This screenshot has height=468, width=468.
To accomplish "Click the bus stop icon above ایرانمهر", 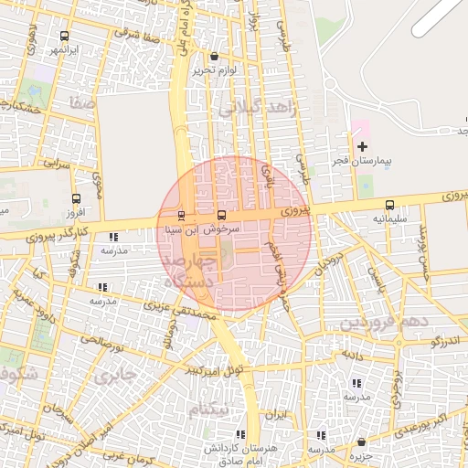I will pyautogui.click(x=62, y=34).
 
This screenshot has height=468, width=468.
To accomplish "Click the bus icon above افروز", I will pyautogui.click(x=76, y=197).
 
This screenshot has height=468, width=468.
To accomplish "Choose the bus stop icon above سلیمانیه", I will pyautogui.click(x=390, y=206).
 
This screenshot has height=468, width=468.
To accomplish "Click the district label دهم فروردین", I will pyautogui.click(x=384, y=323).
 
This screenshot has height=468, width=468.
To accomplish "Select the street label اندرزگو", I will pyautogui.click(x=449, y=341).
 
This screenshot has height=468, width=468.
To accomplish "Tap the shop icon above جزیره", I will pyautogui.click(x=362, y=441).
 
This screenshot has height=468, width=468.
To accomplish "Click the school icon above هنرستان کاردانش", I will pyautogui.click(x=239, y=434).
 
